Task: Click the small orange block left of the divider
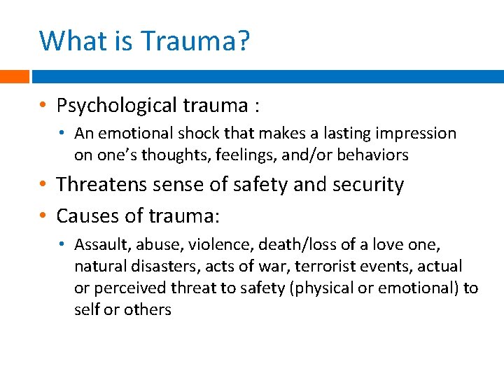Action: point(14,76)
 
